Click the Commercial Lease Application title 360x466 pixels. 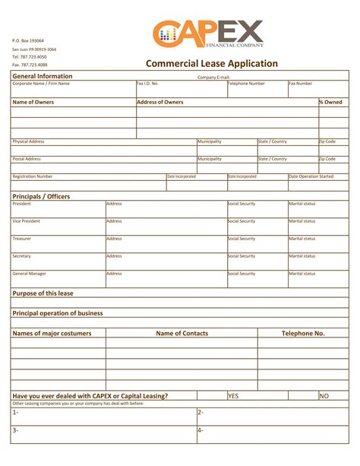[x=211, y=64]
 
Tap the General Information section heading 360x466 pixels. [x=43, y=76]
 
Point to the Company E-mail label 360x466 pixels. [x=213, y=77]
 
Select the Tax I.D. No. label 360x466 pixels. [x=148, y=84]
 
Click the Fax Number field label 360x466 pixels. [x=301, y=84]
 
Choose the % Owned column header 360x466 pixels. [x=330, y=102]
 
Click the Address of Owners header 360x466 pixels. [x=160, y=102]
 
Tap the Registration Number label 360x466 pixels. [x=33, y=176]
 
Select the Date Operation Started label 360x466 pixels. [x=311, y=176]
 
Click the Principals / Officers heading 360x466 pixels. [x=41, y=196]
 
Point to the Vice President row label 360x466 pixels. [x=27, y=221]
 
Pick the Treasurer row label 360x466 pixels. [x=22, y=239]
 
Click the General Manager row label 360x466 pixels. [x=30, y=274]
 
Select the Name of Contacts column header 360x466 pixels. [x=182, y=333]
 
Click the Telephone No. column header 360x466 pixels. [x=303, y=333]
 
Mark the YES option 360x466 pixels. [x=234, y=395]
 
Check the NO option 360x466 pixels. [x=324, y=395]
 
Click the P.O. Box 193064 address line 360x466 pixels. [x=28, y=40]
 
